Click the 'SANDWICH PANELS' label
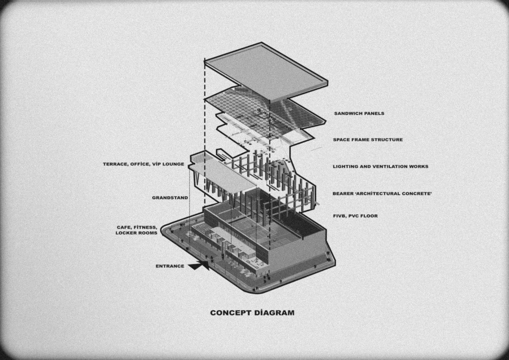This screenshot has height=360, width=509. click(359, 113)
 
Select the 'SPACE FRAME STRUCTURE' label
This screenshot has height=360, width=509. click(368, 140)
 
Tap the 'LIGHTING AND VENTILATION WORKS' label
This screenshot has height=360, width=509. click(380, 167)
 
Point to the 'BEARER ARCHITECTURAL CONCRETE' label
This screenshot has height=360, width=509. click(382, 193)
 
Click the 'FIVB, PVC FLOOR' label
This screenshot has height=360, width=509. click(355, 216)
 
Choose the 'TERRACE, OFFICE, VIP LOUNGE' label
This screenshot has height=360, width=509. click(144, 164)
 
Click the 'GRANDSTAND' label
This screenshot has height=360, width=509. click(170, 198)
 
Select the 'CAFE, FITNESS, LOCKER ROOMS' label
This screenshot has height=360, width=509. click(137, 230)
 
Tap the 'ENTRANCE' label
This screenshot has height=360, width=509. click(170, 266)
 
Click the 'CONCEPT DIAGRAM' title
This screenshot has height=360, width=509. click(252, 313)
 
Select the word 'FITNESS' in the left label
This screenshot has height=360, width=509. click(145, 228)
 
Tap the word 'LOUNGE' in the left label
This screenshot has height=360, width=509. click(173, 164)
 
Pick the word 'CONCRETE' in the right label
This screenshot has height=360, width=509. click(417, 193)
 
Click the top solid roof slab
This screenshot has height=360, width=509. click(267, 72)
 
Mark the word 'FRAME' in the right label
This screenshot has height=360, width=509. click(359, 140)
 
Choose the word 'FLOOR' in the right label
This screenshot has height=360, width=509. click(369, 216)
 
